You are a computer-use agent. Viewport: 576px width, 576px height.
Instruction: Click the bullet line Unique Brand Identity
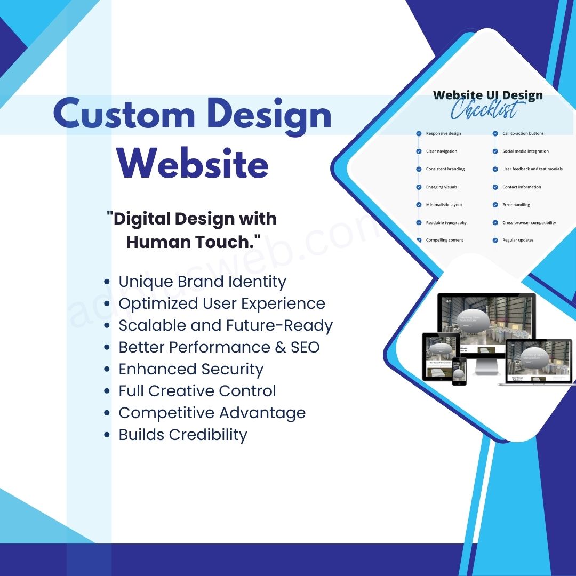tap(202, 282)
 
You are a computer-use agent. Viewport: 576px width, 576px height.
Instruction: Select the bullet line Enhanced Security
tap(191, 369)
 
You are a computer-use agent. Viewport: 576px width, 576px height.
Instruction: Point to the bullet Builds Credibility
tap(183, 435)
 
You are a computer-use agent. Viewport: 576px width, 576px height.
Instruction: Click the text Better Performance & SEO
tap(219, 347)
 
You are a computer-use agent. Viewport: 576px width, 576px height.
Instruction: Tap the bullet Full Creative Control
tap(197, 391)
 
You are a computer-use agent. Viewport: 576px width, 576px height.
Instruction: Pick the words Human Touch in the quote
tap(194, 242)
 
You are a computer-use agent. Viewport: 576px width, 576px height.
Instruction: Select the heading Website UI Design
tap(487, 95)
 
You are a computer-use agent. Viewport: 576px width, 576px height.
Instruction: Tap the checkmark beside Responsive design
tap(419, 133)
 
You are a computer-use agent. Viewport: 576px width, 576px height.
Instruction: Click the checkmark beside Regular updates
tap(495, 241)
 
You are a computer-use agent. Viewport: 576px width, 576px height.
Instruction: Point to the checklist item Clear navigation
tap(441, 151)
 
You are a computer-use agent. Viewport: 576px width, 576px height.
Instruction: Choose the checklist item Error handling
tap(516, 205)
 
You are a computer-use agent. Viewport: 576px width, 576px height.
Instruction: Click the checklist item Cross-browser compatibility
tap(529, 223)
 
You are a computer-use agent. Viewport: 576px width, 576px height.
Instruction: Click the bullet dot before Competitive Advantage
tap(108, 413)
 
